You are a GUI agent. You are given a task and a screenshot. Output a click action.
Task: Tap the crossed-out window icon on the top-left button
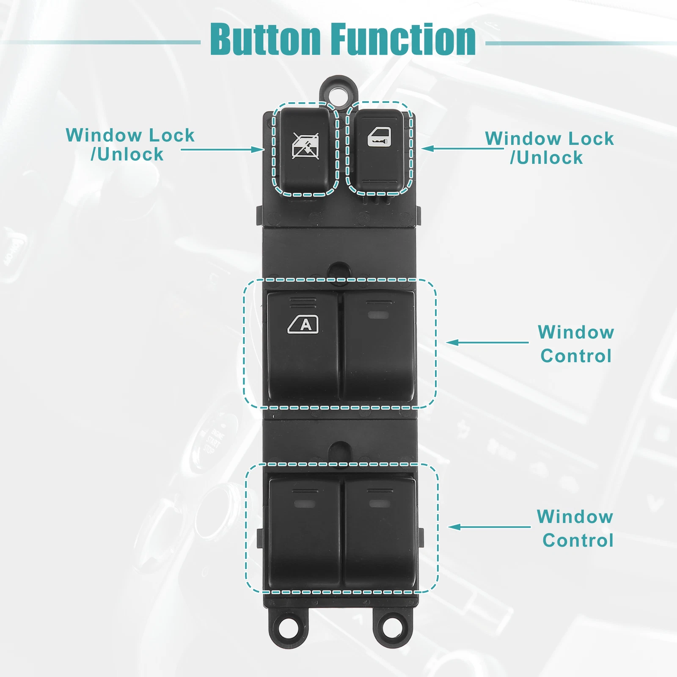(x=305, y=146)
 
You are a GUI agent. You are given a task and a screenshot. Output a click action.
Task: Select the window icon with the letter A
(x=303, y=325)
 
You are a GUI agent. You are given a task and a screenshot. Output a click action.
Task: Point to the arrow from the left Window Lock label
(x=223, y=149)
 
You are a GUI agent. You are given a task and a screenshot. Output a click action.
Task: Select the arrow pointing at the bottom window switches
(x=489, y=527)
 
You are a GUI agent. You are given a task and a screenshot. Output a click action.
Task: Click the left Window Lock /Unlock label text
(x=130, y=145)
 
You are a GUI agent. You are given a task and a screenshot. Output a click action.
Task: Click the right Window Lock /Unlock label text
(x=549, y=148)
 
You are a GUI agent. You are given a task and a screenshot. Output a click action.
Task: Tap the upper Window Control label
(x=576, y=344)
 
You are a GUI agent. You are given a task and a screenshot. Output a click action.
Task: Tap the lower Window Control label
(x=576, y=528)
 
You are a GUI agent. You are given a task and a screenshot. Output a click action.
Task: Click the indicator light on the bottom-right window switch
(x=379, y=503)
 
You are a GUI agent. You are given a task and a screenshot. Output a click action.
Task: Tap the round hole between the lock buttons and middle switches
(x=340, y=270)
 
